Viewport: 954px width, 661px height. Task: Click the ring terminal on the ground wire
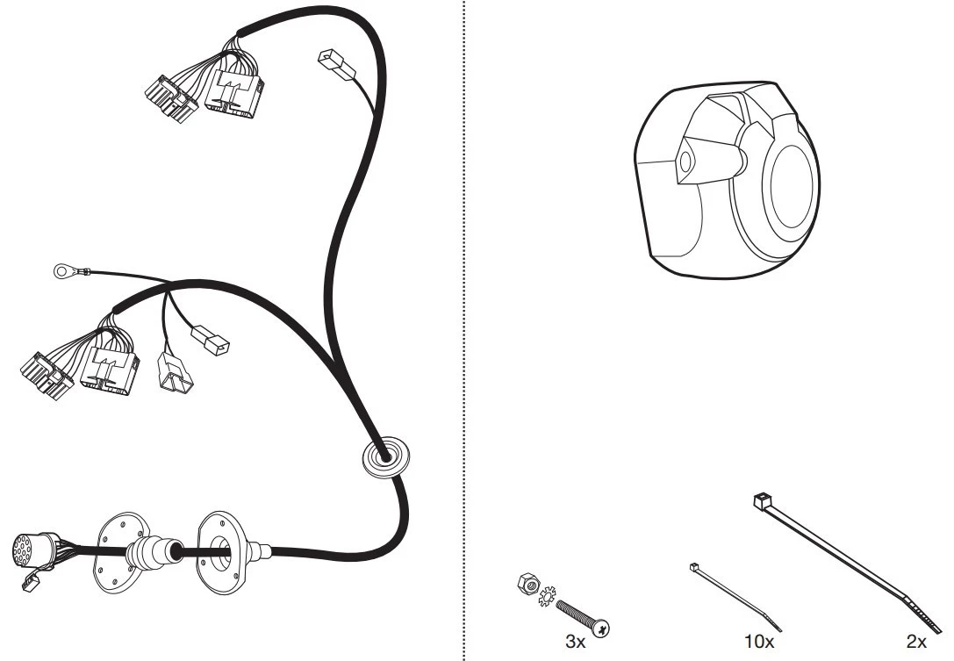[62, 271]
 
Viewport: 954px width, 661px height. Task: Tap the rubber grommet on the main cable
[386, 457]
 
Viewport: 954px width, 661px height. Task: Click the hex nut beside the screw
[527, 583]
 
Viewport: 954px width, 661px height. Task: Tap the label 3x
[575, 642]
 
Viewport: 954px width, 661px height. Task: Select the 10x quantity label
[758, 642]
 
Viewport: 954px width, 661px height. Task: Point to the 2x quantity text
[916, 642]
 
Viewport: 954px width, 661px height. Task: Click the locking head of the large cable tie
[761, 501]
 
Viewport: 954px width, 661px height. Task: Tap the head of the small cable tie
[694, 567]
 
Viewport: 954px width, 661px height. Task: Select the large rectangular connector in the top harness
[234, 92]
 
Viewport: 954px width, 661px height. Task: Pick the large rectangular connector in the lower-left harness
[110, 370]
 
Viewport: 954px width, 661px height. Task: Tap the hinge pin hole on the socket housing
[685, 162]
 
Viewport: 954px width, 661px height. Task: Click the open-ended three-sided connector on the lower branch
[174, 371]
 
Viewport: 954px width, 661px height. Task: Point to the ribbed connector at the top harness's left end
[171, 99]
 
